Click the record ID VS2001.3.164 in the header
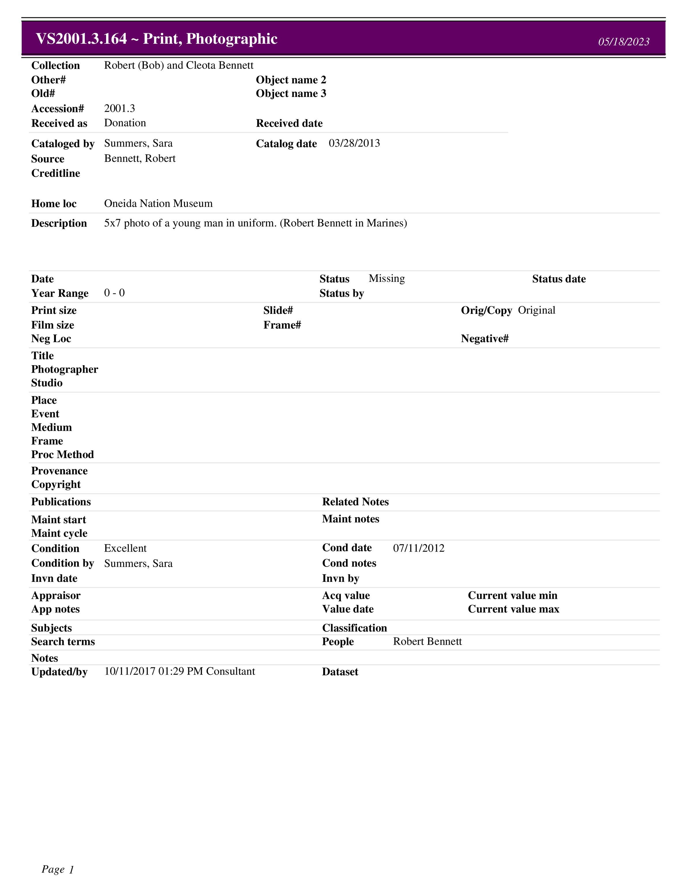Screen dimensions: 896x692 pos(81,39)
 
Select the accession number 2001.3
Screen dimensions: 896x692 pos(119,108)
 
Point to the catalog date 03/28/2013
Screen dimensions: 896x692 pos(354,143)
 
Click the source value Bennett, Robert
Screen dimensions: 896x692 pos(140,158)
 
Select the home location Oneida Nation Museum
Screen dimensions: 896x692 pos(158,203)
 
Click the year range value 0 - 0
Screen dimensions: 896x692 pos(114,293)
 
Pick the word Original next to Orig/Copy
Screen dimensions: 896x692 pos(536,310)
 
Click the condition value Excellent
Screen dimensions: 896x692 pos(125,548)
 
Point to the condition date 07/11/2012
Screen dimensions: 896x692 pos(419,548)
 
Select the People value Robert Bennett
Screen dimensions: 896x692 pos(427,641)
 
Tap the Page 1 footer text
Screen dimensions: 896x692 pos(58,869)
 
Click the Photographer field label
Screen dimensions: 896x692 pos(64,369)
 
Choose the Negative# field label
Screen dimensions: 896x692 pos(485,338)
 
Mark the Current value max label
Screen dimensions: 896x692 pos(513,609)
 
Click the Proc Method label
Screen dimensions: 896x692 pos(62,455)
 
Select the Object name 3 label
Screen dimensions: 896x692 pos(291,93)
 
